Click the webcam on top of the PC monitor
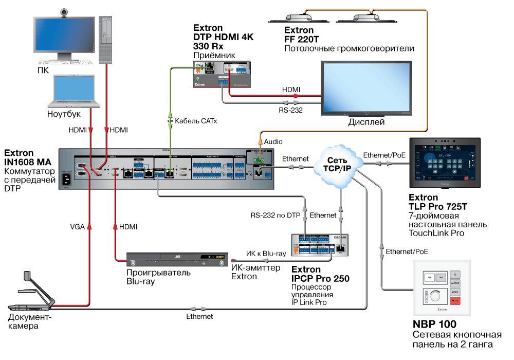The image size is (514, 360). (65, 12)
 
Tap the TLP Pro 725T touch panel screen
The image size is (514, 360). (444, 163)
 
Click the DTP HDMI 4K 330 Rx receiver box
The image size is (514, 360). (222, 74)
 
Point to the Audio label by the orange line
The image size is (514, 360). (273, 141)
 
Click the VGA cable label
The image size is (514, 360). (78, 226)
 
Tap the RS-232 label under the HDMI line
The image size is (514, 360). (290, 109)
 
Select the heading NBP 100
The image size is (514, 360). (436, 325)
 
